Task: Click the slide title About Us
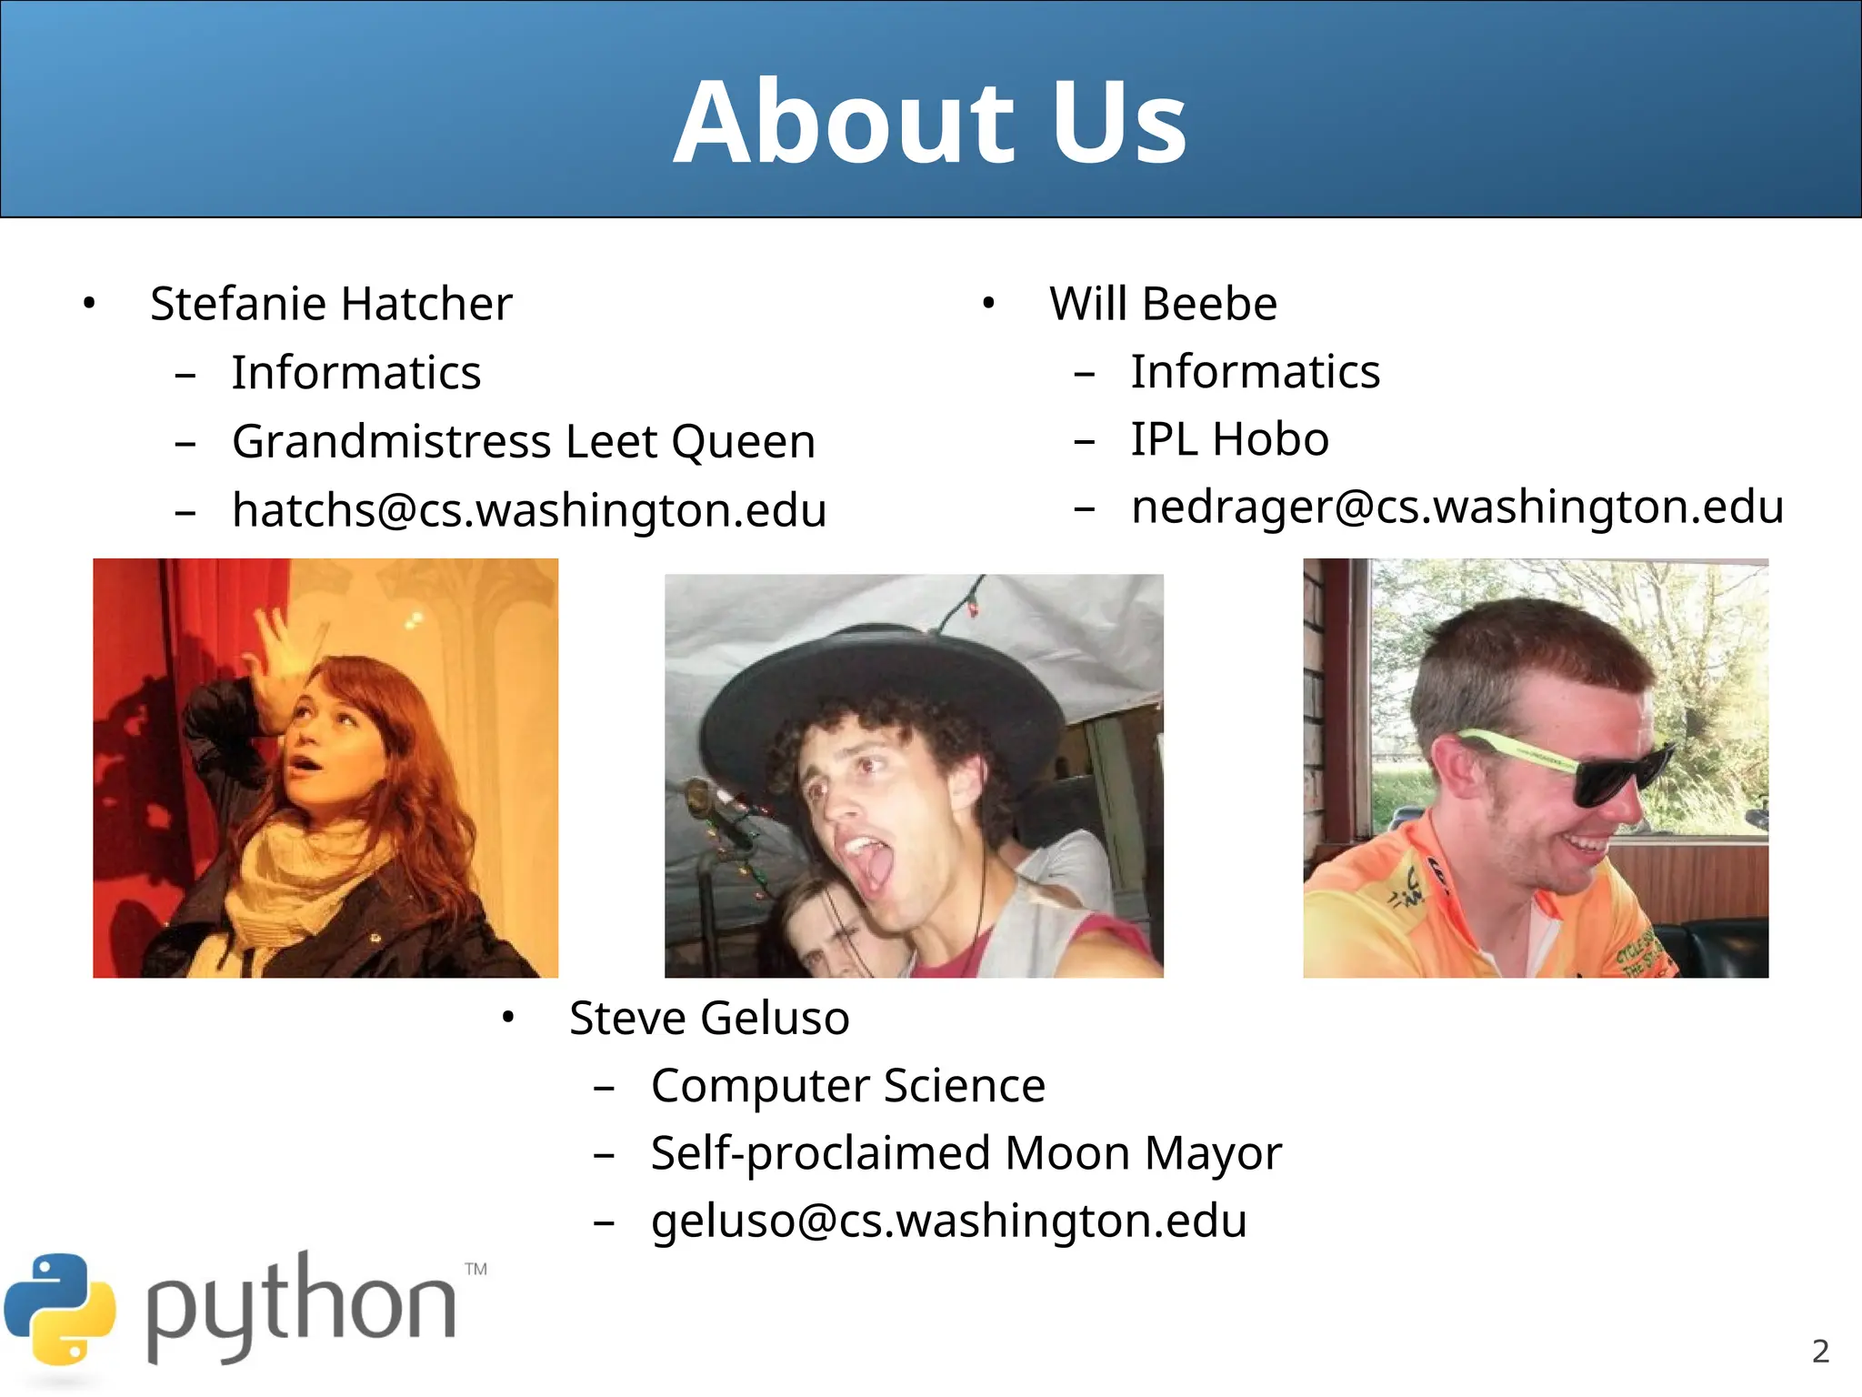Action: point(930,123)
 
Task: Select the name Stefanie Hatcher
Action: point(331,304)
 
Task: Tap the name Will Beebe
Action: point(1163,304)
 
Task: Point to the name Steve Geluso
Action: point(709,1018)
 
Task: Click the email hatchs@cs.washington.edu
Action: point(529,510)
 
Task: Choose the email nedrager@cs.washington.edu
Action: point(1457,507)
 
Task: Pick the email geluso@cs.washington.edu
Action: point(948,1221)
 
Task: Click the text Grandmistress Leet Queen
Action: point(524,442)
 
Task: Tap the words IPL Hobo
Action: point(1229,439)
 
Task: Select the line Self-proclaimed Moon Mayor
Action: point(966,1153)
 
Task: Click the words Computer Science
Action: point(848,1086)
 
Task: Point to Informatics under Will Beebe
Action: point(1255,372)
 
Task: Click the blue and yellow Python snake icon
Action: point(60,1310)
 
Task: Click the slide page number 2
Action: point(1820,1352)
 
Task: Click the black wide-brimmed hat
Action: point(873,673)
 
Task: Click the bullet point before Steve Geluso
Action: point(508,1019)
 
